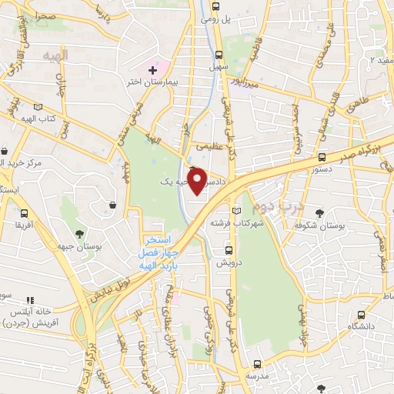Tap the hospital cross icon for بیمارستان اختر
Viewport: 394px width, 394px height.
pos(153,71)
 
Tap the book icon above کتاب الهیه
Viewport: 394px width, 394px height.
pos(38,108)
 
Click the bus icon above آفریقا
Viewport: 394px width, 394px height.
pos(25,213)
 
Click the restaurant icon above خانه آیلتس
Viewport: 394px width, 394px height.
pos(30,300)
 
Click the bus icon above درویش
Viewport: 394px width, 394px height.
pos(228,250)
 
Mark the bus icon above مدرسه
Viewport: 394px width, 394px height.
pos(258,364)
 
